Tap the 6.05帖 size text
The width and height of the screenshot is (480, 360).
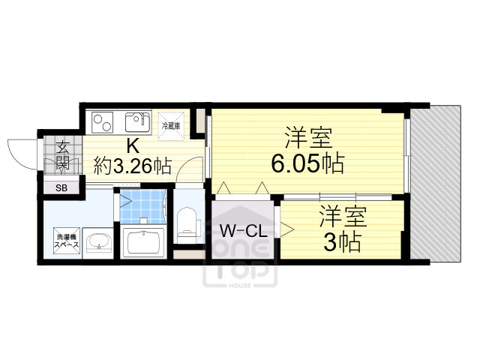point(307,163)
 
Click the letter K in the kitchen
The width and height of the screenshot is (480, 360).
point(131,145)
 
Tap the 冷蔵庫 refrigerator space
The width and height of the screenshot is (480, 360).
point(171,125)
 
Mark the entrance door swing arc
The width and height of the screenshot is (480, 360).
point(21,153)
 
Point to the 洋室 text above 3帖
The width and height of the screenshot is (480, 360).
point(343,217)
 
